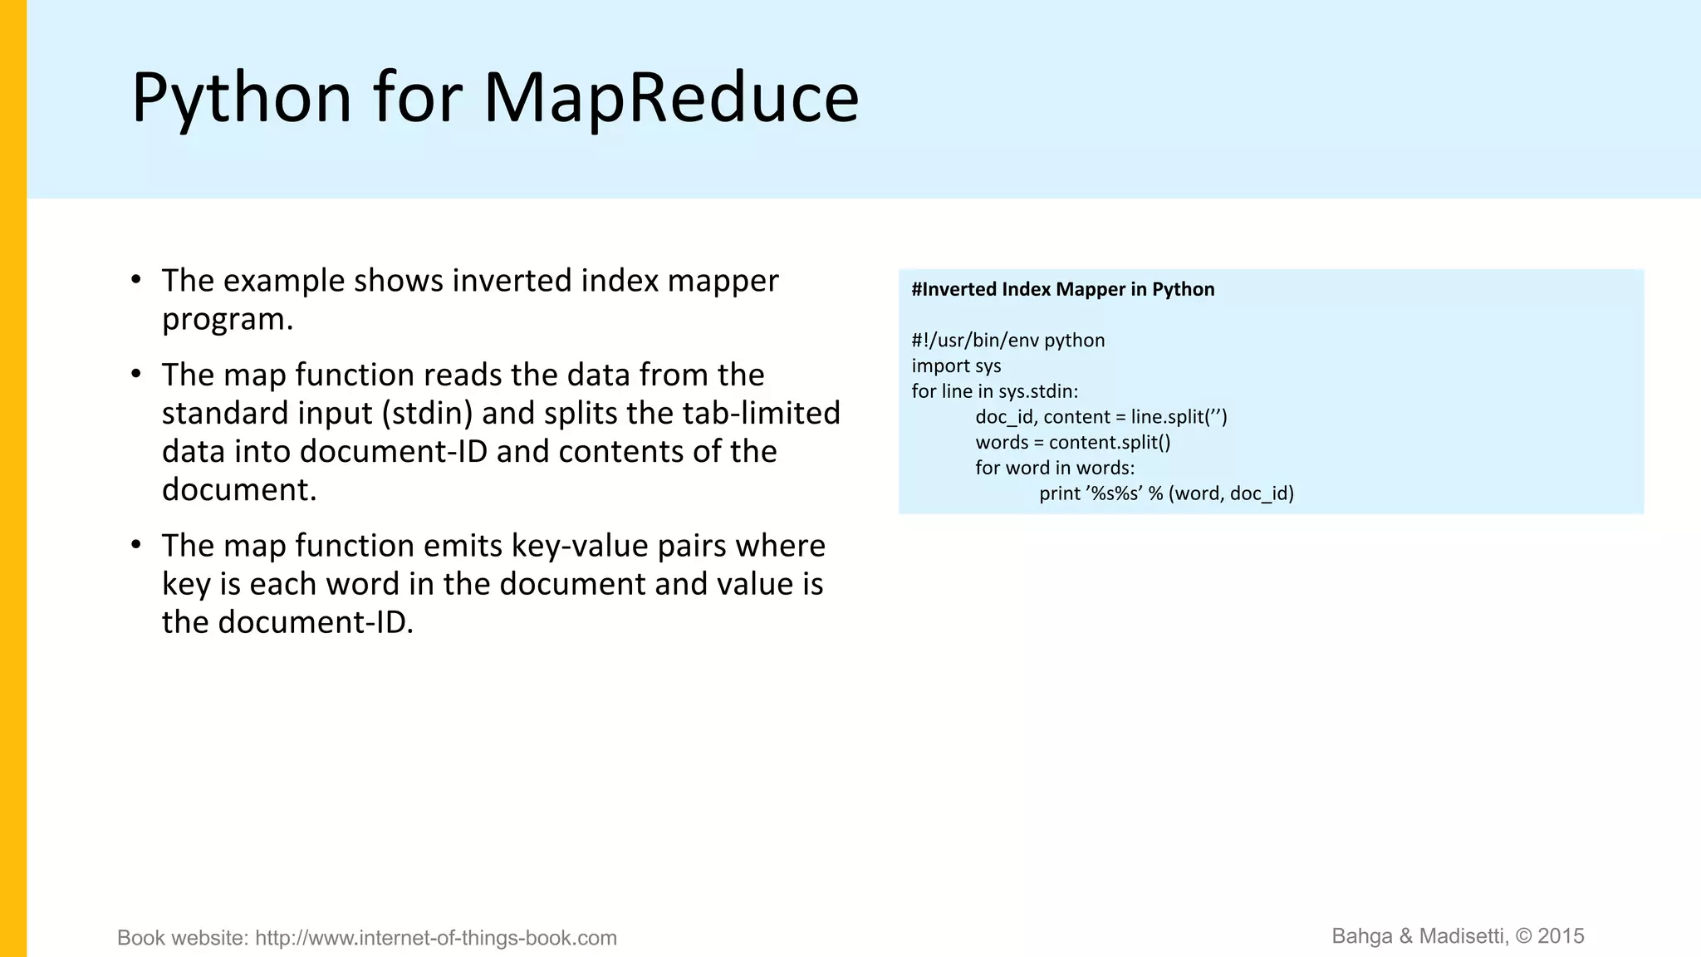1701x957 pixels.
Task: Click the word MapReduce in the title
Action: click(671, 98)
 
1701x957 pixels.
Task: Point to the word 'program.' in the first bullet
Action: click(228, 319)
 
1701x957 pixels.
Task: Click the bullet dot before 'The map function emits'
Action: click(136, 545)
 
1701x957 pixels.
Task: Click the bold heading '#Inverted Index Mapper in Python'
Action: click(1062, 289)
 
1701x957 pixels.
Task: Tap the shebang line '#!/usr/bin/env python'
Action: click(1007, 341)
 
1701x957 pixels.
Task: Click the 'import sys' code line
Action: click(956, 366)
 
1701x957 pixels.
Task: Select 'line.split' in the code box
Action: click(1167, 417)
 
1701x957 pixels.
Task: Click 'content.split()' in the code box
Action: click(1109, 442)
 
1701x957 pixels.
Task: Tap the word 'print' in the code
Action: click(1060, 493)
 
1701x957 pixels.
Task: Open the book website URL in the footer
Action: click(435, 938)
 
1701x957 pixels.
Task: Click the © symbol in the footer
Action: click(1523, 936)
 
